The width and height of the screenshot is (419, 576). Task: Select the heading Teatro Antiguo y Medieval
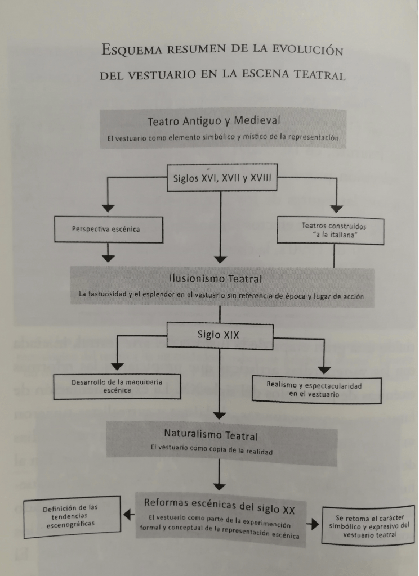[x=214, y=121]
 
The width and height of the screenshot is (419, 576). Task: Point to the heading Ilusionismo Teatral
[x=215, y=278]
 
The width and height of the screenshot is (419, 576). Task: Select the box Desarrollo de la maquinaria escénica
[x=117, y=386]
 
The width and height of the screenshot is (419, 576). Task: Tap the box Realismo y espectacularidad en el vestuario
[x=317, y=389]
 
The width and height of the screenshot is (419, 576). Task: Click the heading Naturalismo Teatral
[x=219, y=435]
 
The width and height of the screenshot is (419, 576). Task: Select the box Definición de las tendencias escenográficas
[x=73, y=516]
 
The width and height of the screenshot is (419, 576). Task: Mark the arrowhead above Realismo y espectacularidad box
[x=325, y=370]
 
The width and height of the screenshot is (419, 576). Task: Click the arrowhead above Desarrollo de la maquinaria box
[x=117, y=366]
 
